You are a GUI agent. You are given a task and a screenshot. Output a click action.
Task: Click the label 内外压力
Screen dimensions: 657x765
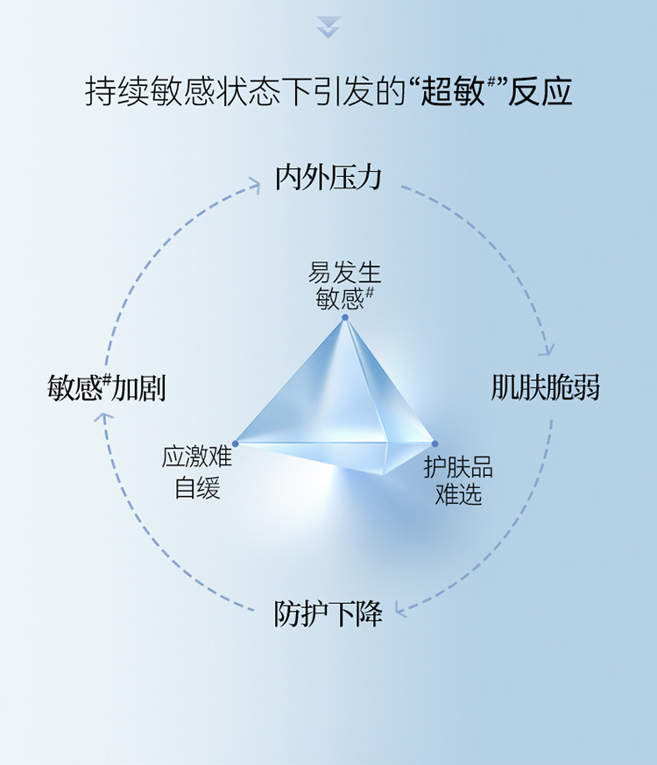(x=328, y=177)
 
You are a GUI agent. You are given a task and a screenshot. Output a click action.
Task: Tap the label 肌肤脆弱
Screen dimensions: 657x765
(x=546, y=387)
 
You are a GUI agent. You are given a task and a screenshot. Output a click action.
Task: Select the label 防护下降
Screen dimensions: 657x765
(x=328, y=614)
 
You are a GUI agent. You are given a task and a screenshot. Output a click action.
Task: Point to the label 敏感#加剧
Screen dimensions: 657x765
(x=107, y=387)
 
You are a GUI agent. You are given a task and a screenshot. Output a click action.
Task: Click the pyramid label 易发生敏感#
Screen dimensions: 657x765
(x=344, y=286)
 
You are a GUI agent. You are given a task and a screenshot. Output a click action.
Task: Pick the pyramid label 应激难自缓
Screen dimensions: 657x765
(x=197, y=472)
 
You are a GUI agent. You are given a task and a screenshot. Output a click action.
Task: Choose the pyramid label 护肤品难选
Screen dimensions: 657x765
(x=458, y=481)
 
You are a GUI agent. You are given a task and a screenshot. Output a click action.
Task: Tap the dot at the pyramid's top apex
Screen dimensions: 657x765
(x=345, y=317)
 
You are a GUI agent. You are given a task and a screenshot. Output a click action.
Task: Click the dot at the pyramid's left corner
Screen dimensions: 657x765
(x=235, y=443)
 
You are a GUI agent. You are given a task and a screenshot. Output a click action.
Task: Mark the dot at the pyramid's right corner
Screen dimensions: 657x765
(x=434, y=443)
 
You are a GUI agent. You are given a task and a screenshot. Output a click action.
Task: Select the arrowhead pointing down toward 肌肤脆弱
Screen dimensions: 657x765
(x=547, y=350)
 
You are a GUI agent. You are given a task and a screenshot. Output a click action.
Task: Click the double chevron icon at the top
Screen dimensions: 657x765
(x=328, y=27)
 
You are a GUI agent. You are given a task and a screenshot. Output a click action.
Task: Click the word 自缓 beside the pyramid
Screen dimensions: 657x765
(x=197, y=487)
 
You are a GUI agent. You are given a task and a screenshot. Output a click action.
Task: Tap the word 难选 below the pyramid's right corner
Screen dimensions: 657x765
(x=458, y=495)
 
